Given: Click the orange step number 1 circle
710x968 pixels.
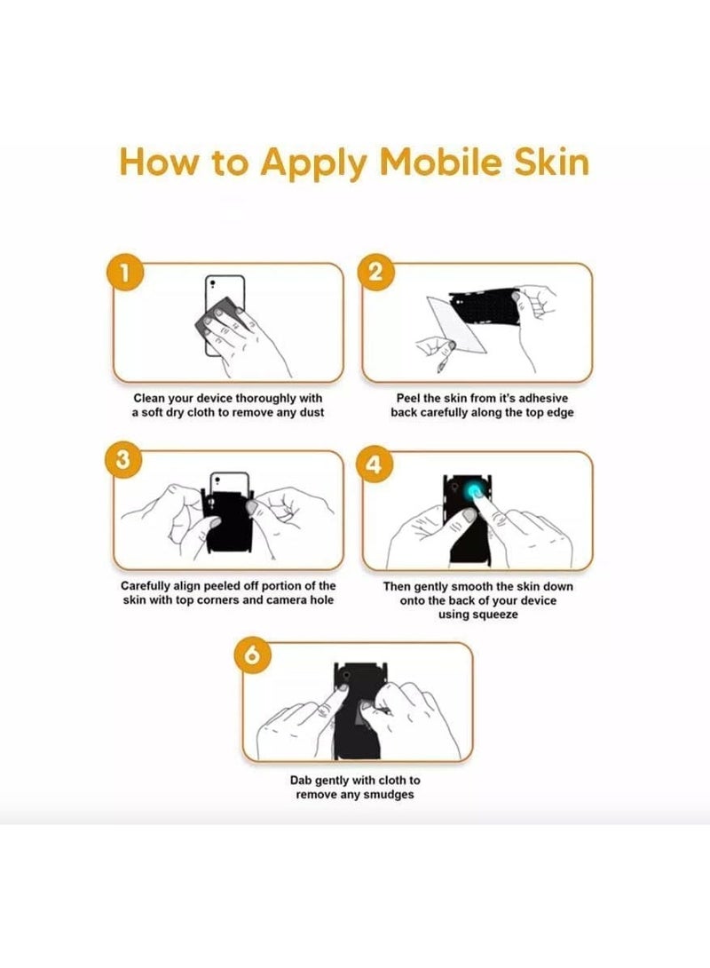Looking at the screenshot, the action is (125, 273).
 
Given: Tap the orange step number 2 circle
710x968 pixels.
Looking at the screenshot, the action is (375, 272).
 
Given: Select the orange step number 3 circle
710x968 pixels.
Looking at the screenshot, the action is (123, 460).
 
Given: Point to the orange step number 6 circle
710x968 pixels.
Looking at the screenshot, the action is (252, 655).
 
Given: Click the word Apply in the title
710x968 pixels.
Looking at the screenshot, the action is (313, 163).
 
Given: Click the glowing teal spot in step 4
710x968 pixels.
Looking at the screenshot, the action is (476, 491).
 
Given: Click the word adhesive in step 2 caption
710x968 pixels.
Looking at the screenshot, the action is (542, 398).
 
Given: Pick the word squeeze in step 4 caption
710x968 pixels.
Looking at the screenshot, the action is (494, 615).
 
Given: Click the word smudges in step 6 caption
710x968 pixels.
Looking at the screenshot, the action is (388, 795).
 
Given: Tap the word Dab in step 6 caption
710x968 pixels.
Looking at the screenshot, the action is (301, 781).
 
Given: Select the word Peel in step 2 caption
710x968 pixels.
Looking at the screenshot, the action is (409, 398).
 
